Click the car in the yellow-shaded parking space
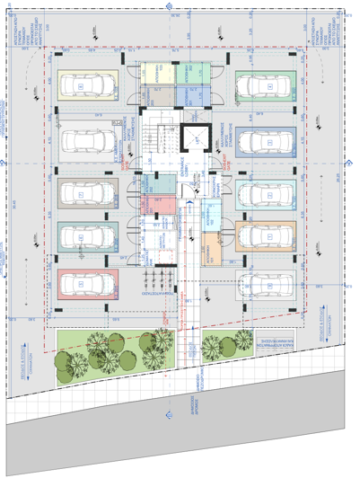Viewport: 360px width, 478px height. (x=87, y=86)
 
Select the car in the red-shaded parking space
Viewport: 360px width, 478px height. (x=87, y=284)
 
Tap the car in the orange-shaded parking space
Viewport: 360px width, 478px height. (x=266, y=237)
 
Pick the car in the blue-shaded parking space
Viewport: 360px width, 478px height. (x=266, y=142)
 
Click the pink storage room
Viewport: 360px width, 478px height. (x=162, y=205)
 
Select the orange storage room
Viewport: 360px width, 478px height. (x=211, y=248)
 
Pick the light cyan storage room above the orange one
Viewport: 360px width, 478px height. (x=211, y=216)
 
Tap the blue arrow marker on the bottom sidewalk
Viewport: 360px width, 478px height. (x=167, y=414)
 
